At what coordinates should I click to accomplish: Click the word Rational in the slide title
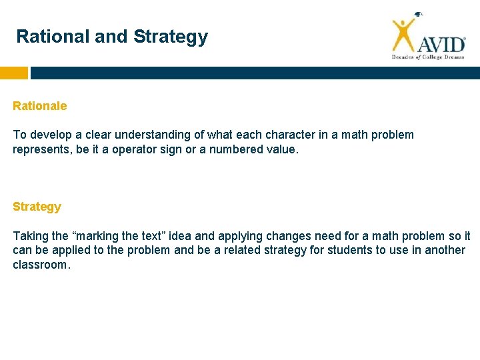53,37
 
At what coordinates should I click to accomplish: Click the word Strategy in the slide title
171,37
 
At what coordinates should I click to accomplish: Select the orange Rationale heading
40,106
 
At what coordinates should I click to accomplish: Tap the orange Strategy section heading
37,207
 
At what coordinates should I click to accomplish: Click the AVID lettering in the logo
441,44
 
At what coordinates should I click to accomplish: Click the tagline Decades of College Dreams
427,58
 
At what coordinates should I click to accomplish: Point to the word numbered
237,150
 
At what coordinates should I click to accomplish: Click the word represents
42,150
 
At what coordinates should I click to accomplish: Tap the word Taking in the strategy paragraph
30,236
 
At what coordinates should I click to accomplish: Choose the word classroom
40,265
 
